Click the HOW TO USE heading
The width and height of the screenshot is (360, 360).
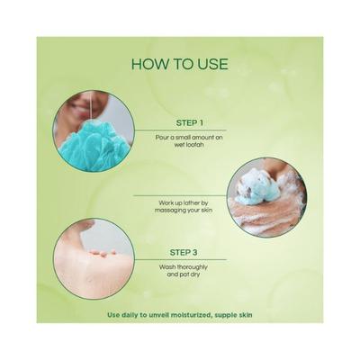[x=180, y=65]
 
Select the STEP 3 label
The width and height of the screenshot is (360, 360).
[x=184, y=252]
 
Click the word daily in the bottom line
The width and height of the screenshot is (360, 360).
[x=128, y=315]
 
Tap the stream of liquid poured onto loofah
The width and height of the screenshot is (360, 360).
[x=90, y=109]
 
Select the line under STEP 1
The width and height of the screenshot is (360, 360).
[x=180, y=130]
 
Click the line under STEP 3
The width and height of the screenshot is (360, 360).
[x=180, y=260]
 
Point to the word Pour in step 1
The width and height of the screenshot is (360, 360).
[x=161, y=138]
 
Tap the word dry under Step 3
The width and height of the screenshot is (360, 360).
[x=195, y=274]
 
